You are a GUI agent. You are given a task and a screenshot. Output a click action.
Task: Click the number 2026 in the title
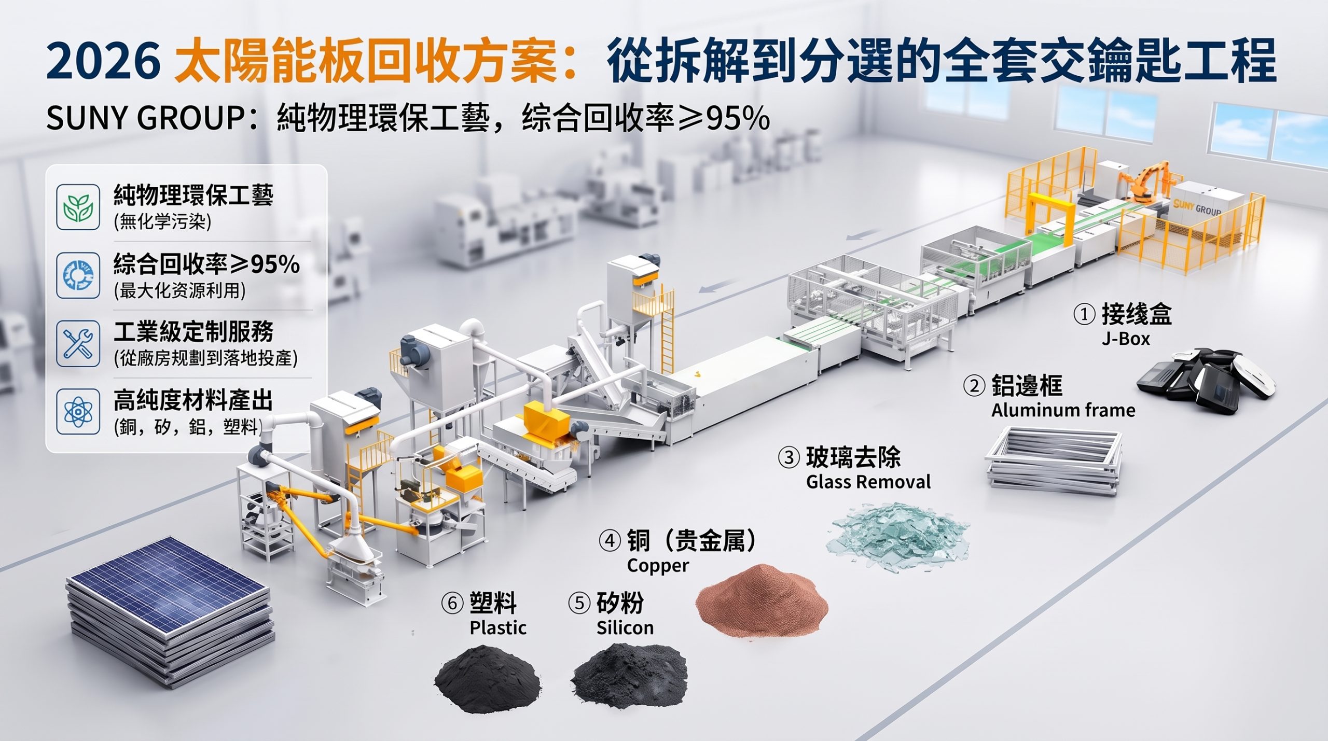coord(103,61)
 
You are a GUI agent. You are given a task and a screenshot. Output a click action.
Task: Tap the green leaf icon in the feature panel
coord(78,207)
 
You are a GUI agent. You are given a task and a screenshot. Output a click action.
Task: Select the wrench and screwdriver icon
coord(78,343)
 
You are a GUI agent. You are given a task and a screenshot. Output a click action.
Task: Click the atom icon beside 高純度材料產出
coord(78,412)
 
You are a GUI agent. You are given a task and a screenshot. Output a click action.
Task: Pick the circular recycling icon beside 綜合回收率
coord(78,275)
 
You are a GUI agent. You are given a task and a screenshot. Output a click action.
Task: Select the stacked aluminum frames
coord(1053,459)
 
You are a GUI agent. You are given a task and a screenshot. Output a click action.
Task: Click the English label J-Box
coord(1126,339)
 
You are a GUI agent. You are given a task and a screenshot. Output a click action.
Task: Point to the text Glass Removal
coord(868,482)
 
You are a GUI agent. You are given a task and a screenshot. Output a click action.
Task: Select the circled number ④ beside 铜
coord(610,541)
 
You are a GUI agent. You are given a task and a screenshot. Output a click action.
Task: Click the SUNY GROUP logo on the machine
coord(1197,207)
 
